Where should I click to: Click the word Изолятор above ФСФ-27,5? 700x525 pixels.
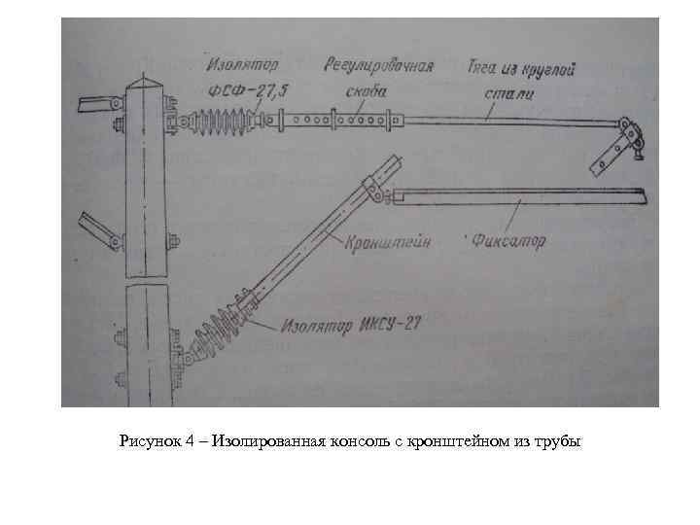(x=241, y=67)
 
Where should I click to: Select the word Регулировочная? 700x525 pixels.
(x=377, y=67)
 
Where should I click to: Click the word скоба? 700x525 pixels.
(x=366, y=90)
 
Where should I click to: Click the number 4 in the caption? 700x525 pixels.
(x=190, y=442)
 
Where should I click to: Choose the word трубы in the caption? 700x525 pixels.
(x=559, y=442)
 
